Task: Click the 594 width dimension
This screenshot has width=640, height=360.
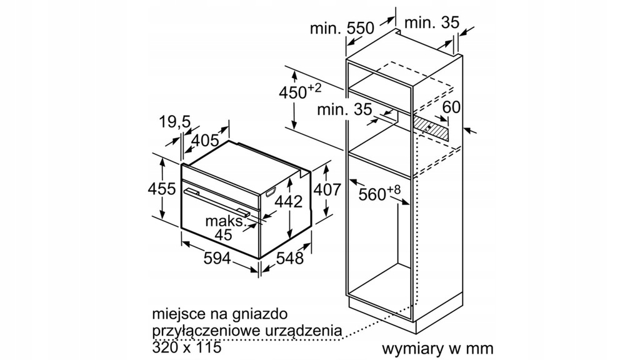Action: coord(217,258)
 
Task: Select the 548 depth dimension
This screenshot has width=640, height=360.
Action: coord(290,258)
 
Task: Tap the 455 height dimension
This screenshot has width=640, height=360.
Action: coord(162,189)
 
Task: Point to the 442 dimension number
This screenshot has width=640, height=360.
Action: coord(289,201)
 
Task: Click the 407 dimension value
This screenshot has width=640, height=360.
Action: coord(326,189)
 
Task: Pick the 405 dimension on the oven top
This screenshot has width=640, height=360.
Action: coord(205,141)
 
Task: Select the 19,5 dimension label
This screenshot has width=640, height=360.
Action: coord(175,122)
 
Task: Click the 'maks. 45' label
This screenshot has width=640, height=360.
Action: coord(225,227)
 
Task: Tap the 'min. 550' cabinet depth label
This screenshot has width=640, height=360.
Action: coord(342,27)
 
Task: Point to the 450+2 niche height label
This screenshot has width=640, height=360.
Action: coord(300,91)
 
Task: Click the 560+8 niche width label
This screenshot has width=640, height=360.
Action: coord(379,193)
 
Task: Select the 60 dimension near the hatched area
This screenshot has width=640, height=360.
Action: coord(451,107)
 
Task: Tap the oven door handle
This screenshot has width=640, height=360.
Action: coord(216,202)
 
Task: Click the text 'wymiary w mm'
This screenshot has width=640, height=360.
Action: coord(437,349)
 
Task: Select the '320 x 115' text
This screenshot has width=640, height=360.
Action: coord(186,347)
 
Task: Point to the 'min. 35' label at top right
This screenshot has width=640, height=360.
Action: coord(432,22)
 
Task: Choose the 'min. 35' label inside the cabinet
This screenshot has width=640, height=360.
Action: coord(344,109)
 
